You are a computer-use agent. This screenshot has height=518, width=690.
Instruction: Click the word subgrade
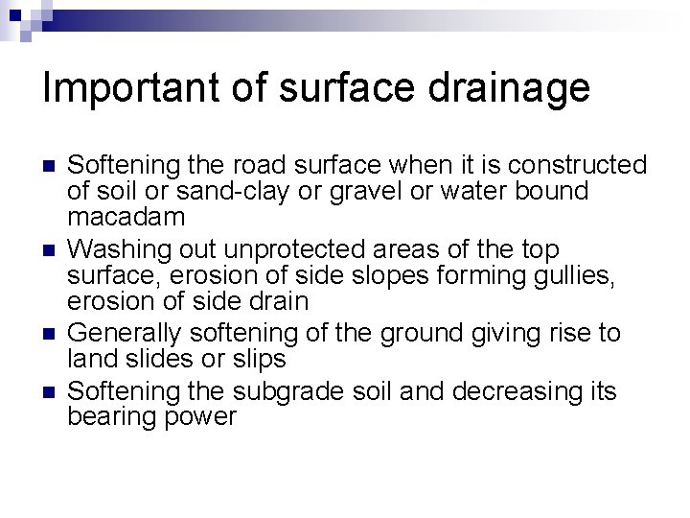click(288, 391)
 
